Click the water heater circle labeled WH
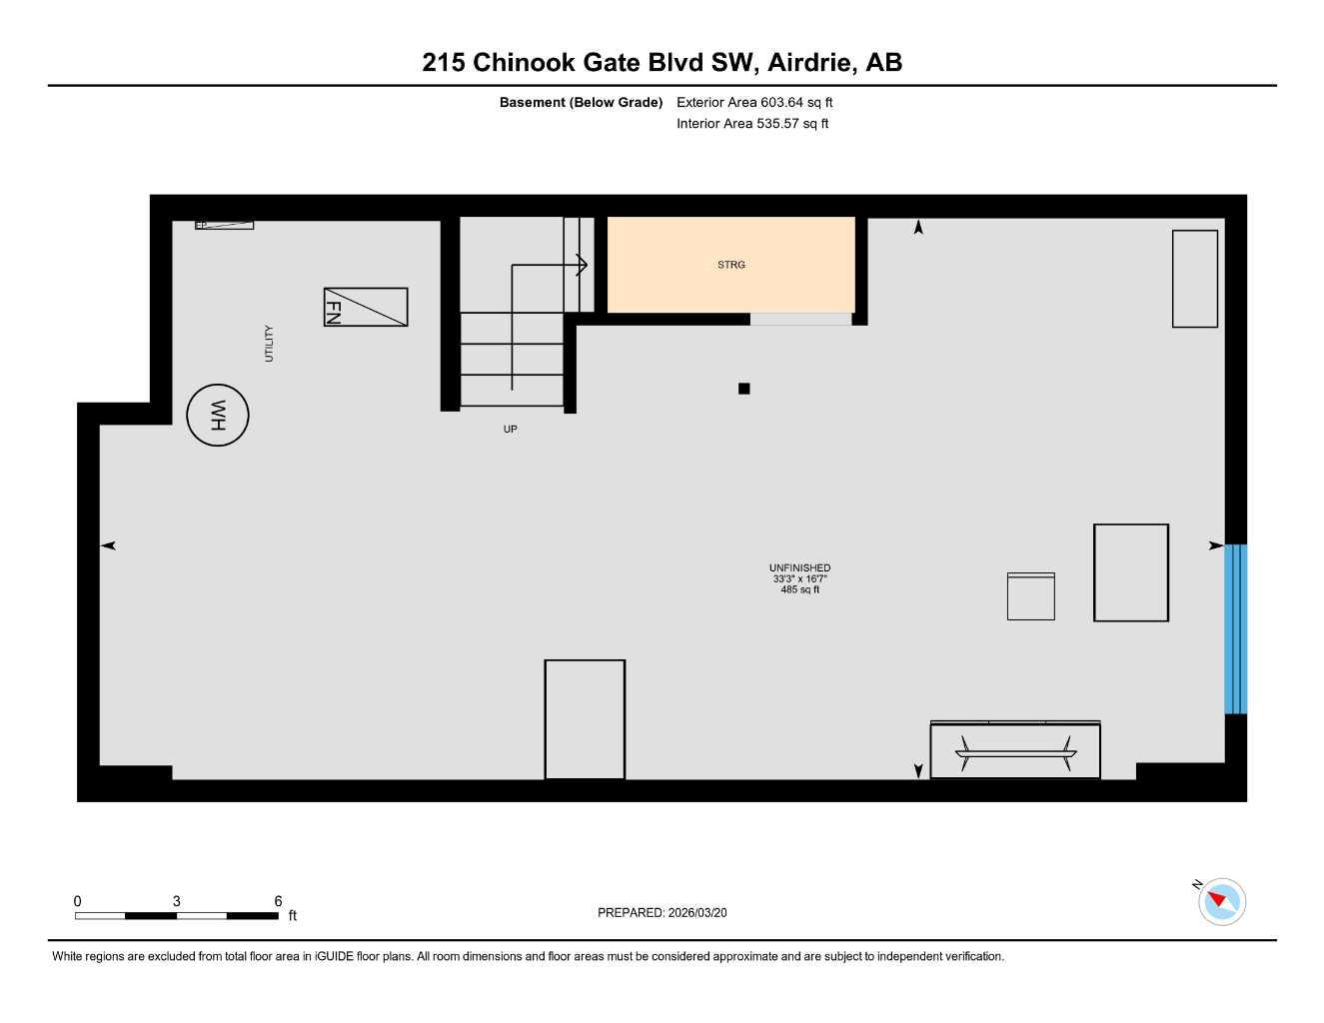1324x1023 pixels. click(x=218, y=415)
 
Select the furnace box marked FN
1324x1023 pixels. click(x=365, y=307)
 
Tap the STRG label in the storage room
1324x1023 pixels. click(x=731, y=265)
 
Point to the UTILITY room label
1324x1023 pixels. click(x=269, y=343)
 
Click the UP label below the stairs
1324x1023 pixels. click(x=511, y=430)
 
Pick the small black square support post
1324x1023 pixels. click(x=743, y=389)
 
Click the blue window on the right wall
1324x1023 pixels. click(x=1235, y=628)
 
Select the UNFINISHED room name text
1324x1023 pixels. click(x=799, y=568)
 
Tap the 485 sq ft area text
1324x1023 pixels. click(x=799, y=590)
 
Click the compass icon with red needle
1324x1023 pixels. click(x=1221, y=901)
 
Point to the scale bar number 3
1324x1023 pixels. click(x=177, y=901)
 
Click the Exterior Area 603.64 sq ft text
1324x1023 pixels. click(x=754, y=102)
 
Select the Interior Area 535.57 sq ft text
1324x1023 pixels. click(x=752, y=124)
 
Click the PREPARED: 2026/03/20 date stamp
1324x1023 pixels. click(x=662, y=913)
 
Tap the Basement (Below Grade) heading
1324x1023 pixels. click(x=581, y=102)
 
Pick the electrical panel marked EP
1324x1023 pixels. click(x=224, y=225)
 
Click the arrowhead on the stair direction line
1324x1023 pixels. click(x=582, y=265)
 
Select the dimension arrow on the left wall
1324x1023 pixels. click(x=109, y=545)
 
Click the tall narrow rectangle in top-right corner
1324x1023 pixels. click(x=1194, y=279)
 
